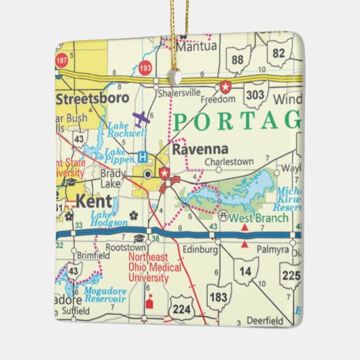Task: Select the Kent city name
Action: pos(92,202)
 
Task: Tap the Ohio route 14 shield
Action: pos(245,270)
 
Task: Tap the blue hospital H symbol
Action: pos(143,157)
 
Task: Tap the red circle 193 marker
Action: pos(145,69)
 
